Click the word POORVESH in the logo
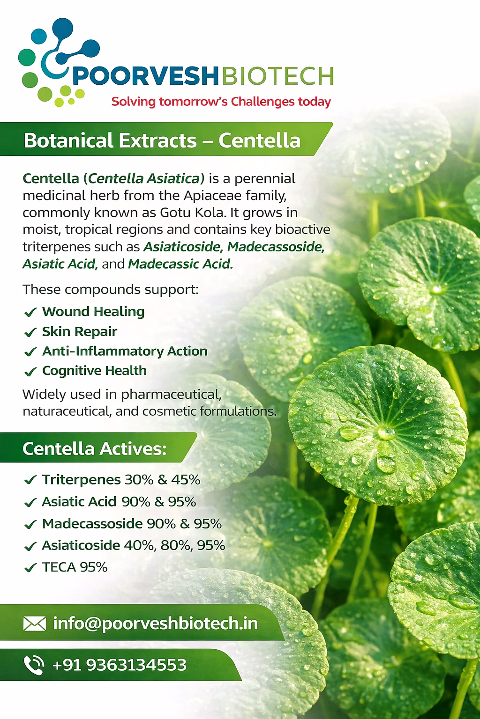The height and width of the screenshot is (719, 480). [x=145, y=76]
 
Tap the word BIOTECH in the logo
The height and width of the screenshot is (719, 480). [x=277, y=76]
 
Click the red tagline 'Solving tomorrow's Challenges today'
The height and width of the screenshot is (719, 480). [x=221, y=102]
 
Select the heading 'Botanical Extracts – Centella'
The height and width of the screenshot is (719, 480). [x=162, y=140]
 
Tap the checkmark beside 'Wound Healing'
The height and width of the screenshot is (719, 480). [x=30, y=312]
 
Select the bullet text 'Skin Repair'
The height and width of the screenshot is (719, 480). [x=80, y=331]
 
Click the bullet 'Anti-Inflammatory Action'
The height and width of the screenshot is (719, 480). [x=125, y=351]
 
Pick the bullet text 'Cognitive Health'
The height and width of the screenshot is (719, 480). [x=95, y=371]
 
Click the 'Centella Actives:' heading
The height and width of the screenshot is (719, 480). [x=95, y=448]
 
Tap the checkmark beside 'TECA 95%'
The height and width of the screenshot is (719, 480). [x=30, y=567]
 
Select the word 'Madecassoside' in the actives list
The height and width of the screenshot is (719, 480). [x=93, y=523]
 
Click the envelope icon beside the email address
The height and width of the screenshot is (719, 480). [x=35, y=624]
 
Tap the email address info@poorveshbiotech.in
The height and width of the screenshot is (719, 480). [x=156, y=624]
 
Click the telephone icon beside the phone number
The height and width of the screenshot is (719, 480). [x=34, y=665]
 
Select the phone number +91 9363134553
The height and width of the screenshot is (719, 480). [x=119, y=665]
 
